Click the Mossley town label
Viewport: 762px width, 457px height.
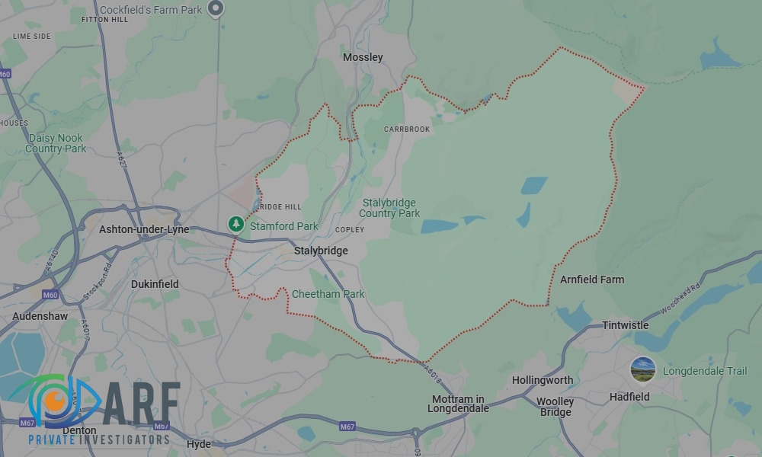363,57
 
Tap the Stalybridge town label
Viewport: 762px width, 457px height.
321,251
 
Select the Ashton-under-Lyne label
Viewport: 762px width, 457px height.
144,229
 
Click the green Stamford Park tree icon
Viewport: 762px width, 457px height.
236,224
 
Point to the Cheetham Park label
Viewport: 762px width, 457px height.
328,294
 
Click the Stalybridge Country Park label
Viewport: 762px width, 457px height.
390,208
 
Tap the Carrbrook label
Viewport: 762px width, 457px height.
407,129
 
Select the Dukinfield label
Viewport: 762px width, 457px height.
155,284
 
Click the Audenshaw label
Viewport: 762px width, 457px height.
40,316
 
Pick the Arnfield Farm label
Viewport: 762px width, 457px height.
592,280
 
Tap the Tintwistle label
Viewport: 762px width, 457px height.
625,325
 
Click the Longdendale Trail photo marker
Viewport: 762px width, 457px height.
643,370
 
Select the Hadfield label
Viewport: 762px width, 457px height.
629,397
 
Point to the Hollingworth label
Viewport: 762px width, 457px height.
543,380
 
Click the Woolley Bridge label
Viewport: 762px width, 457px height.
555,407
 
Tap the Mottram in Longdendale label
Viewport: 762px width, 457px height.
458,404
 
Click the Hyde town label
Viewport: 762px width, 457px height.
198,444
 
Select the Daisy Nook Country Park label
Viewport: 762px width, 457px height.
56,143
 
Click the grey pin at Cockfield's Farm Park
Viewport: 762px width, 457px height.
216,8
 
